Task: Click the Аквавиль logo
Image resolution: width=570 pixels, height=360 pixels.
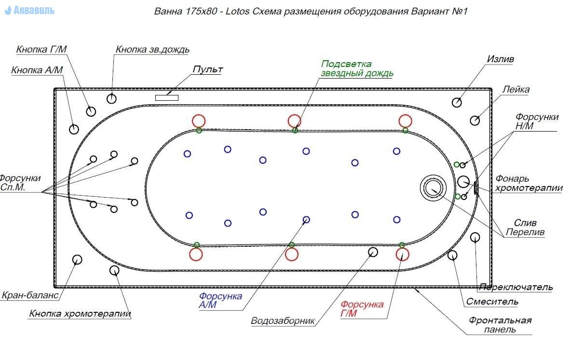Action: (30, 10)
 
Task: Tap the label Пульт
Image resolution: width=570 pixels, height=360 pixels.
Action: (207, 69)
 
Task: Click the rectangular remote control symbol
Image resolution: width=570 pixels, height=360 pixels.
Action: (166, 98)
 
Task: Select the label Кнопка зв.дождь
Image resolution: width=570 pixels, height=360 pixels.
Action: (152, 50)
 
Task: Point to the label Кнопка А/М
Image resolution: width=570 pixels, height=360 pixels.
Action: (37, 70)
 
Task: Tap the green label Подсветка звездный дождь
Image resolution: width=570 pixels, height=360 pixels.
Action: (357, 69)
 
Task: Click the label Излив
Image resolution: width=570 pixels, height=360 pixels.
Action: (500, 59)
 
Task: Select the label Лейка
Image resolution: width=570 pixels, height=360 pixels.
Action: (516, 90)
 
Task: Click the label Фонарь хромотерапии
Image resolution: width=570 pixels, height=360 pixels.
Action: (529, 184)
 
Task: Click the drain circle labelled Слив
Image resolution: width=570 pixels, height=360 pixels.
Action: (433, 187)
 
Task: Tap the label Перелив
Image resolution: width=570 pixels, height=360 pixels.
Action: (525, 232)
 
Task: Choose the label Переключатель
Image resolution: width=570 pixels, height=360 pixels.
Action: (516, 287)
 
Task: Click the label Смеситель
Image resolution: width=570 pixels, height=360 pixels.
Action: (492, 302)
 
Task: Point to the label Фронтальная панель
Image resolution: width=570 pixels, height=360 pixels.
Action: (500, 325)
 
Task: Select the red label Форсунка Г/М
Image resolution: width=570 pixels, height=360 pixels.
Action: (362, 309)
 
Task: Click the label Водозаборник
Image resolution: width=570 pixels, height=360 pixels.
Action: (283, 321)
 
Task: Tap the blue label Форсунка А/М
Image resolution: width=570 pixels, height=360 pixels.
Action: (220, 301)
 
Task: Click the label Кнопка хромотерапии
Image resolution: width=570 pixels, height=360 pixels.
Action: (80, 314)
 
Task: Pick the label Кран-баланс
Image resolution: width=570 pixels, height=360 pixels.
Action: (30, 295)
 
